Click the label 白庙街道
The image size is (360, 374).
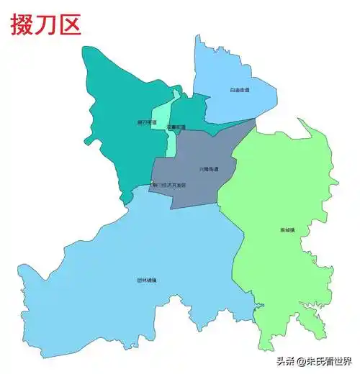click(x=239, y=91)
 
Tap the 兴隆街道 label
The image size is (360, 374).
click(x=209, y=170)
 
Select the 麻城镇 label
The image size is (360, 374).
click(x=287, y=230)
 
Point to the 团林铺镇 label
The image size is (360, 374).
click(x=146, y=280)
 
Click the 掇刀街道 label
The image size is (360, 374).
click(x=146, y=123)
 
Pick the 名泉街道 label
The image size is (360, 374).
click(x=176, y=127)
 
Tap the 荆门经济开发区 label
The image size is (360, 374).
click(x=167, y=186)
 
